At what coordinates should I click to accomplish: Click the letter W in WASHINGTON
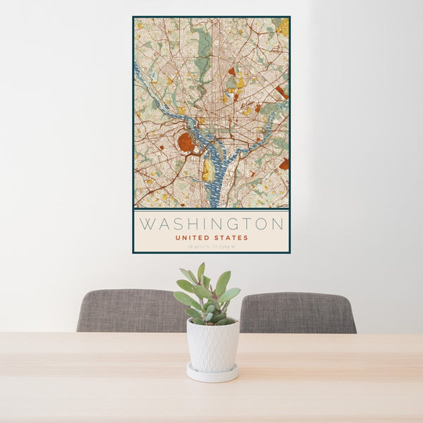[146, 225]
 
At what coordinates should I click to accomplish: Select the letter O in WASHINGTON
[264, 225]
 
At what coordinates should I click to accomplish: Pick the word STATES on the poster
[231, 238]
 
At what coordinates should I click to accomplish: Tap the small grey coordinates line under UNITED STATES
[211, 247]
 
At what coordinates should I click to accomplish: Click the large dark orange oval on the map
[187, 143]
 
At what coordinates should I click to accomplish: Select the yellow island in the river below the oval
[207, 170]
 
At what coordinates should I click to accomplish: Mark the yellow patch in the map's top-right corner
[283, 27]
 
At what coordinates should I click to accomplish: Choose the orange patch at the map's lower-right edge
[284, 164]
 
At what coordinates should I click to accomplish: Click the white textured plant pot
[212, 345]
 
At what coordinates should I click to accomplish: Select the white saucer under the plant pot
[212, 373]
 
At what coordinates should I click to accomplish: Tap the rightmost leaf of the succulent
[231, 294]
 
